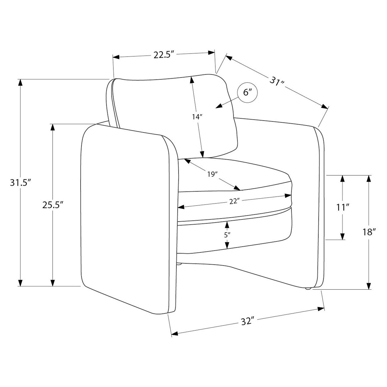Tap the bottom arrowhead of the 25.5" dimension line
coord(53,283)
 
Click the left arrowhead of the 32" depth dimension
coord(175,334)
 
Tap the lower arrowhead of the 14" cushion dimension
coord(203,154)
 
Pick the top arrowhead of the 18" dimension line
coord(369,179)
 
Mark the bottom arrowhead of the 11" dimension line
coord(343,236)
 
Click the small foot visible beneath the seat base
coord(179,264)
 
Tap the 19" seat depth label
coord(211,174)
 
